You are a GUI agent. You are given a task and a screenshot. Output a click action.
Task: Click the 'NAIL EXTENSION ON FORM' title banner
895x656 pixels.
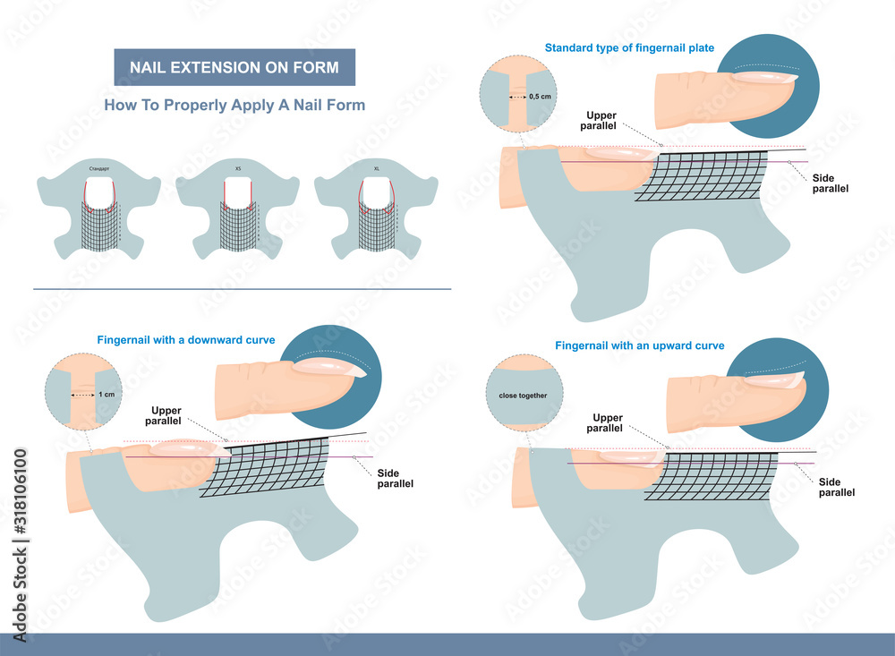pyautogui.click(x=234, y=67)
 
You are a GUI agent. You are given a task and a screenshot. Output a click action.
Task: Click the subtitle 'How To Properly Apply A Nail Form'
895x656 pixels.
pyautogui.click(x=234, y=105)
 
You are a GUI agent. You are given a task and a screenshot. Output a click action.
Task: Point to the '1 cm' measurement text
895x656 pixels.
pyautogui.click(x=106, y=395)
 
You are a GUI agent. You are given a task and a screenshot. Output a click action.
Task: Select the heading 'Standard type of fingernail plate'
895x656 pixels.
pyautogui.click(x=630, y=47)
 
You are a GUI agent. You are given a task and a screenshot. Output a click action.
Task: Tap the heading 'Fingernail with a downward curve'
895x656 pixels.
pyautogui.click(x=185, y=339)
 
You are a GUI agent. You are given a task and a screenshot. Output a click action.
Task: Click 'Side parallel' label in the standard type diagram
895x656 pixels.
pyautogui.click(x=831, y=183)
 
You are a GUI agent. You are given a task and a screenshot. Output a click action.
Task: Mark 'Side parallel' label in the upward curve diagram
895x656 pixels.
pyautogui.click(x=837, y=487)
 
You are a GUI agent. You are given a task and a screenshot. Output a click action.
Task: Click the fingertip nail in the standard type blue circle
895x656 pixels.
pyautogui.click(x=764, y=79)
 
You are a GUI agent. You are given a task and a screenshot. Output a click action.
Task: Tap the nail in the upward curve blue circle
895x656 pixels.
pyautogui.click(x=775, y=381)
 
